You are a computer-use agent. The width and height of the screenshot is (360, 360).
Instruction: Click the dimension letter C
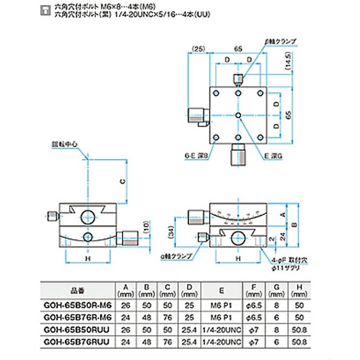pyautogui.click(x=121, y=180)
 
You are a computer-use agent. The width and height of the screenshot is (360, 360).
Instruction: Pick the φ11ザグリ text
pyautogui.click(x=283, y=267)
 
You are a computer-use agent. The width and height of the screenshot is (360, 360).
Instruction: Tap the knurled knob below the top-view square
pyautogui.click(x=238, y=155)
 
